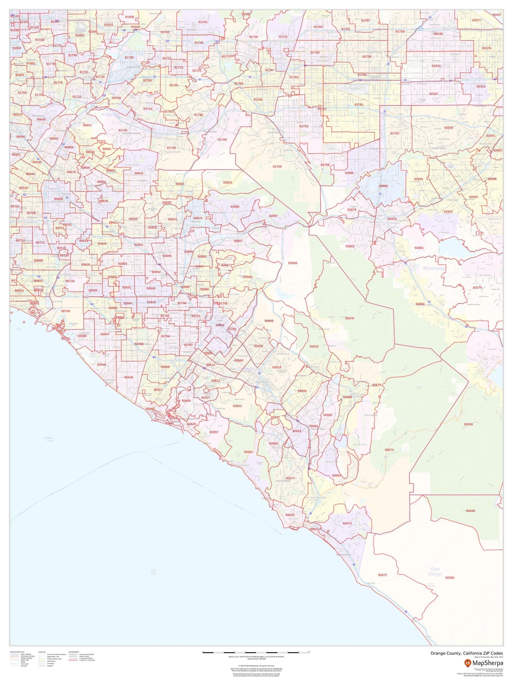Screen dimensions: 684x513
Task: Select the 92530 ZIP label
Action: click(x=468, y=424)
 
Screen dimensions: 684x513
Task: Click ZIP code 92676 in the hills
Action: click(x=349, y=318)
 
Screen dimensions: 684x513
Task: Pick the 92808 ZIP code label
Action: click(x=292, y=263)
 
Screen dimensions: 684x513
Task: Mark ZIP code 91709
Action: click(x=277, y=167)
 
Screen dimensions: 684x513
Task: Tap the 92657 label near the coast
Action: click(x=214, y=432)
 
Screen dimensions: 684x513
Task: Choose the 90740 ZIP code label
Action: click(x=66, y=311)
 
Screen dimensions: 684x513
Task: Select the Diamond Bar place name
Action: click(x=210, y=132)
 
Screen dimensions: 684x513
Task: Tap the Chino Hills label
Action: click(x=273, y=132)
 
